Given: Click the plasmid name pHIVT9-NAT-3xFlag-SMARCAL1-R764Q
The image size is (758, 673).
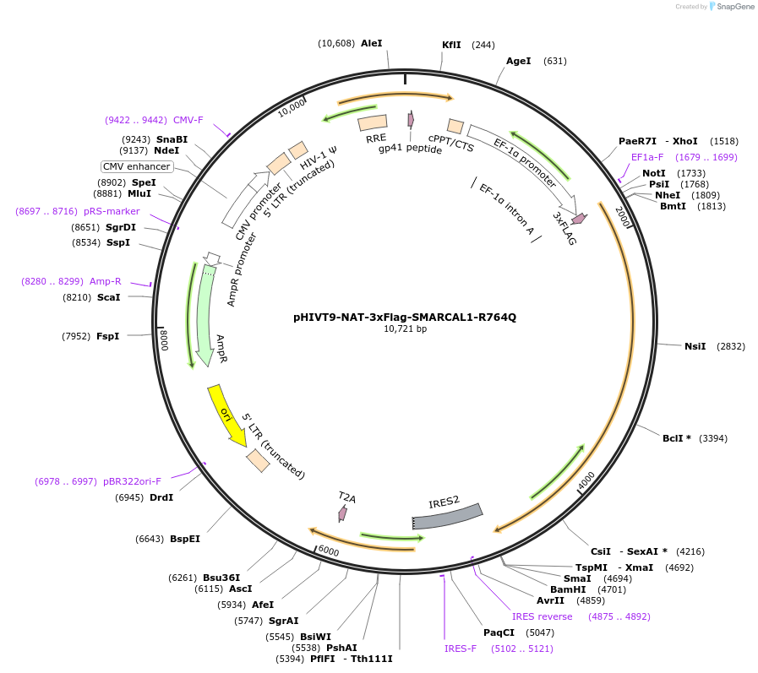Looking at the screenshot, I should pos(404,318).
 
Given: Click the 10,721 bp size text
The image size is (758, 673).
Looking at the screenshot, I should pos(405,329).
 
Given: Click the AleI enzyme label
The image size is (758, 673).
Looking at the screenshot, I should pos(371,43).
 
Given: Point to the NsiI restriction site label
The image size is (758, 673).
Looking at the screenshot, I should pos(695,346).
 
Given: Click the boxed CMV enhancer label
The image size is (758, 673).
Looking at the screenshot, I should pos(136,166).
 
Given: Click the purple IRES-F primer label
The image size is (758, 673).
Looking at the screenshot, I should pos(461,649).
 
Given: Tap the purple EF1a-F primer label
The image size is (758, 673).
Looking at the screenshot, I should pos(647,157).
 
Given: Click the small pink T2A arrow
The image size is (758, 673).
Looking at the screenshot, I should pos(342,513).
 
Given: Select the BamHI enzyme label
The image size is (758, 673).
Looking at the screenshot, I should pos(568,589).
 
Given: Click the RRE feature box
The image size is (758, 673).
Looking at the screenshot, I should pos(373,124).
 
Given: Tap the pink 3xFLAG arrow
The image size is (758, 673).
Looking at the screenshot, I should pos(579,219).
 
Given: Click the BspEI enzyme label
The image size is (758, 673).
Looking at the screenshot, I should pos(185,539).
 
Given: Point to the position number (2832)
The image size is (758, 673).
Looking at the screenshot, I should pos(731,346).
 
